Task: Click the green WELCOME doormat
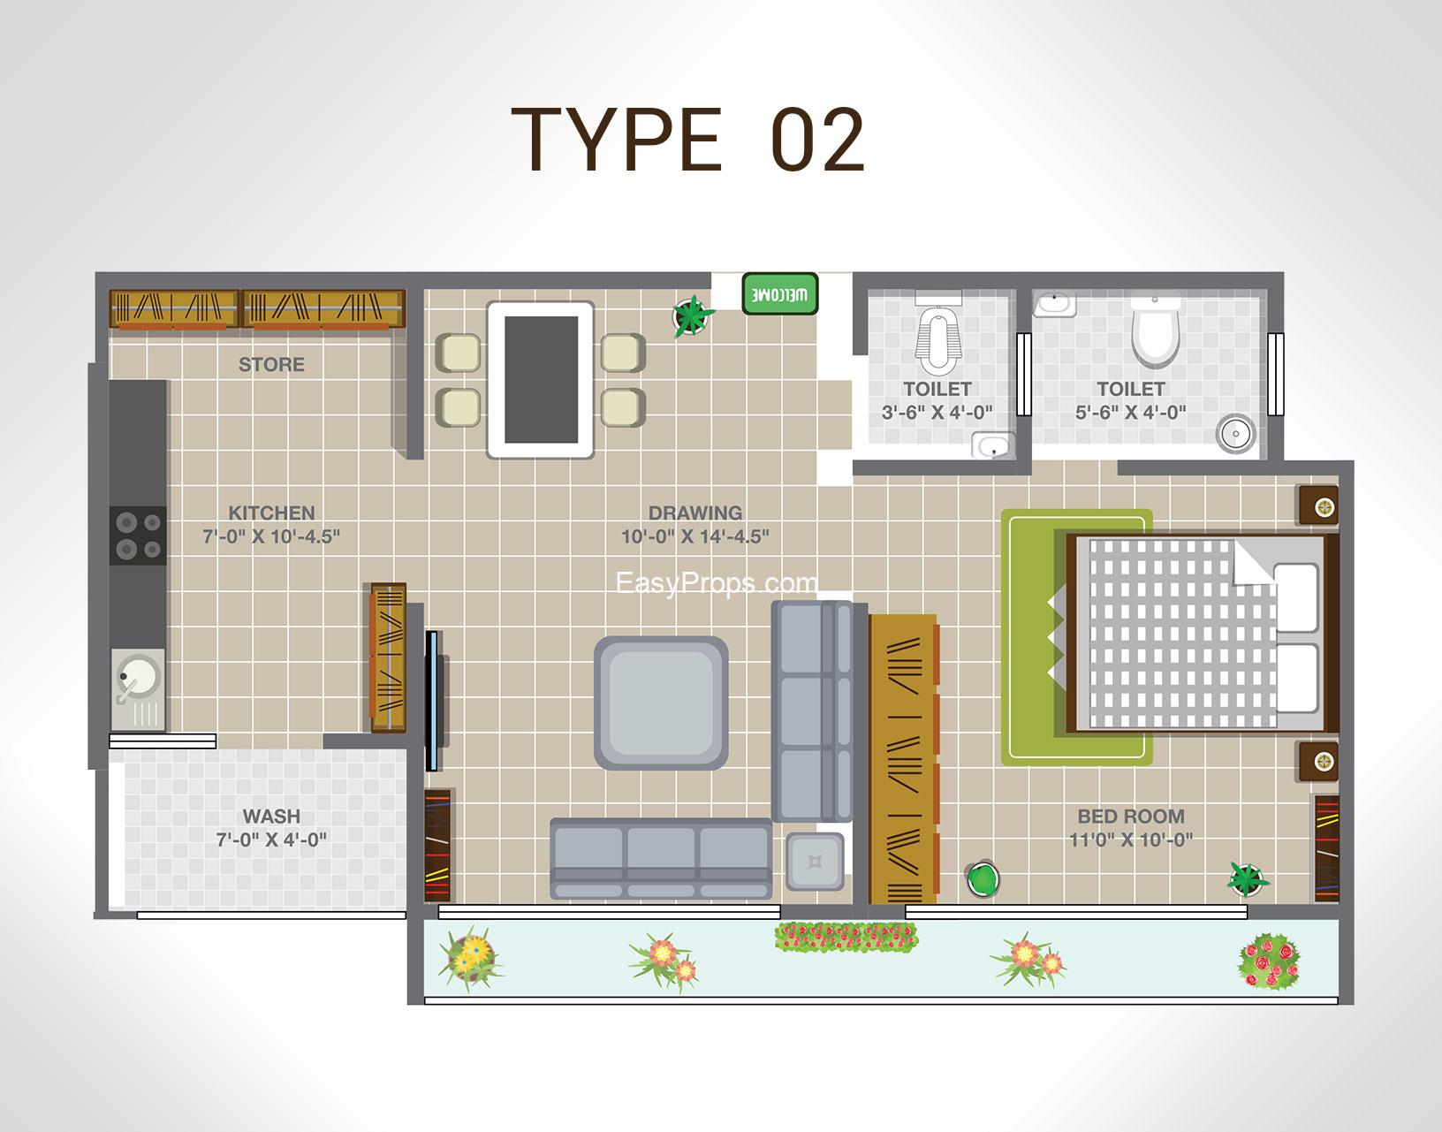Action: (x=779, y=293)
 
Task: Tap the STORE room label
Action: (x=271, y=364)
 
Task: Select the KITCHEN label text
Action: (x=271, y=513)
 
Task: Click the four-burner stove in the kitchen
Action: (x=138, y=536)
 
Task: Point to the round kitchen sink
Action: (x=138, y=675)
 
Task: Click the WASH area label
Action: (x=271, y=816)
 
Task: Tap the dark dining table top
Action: (x=541, y=380)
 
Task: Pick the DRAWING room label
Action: (x=694, y=513)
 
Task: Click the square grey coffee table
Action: (x=661, y=703)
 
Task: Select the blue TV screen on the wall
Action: (x=431, y=701)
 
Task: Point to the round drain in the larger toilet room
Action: (x=1235, y=434)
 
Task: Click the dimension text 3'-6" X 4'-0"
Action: (x=937, y=412)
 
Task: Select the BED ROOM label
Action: (x=1131, y=816)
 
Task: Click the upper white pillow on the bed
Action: (x=1295, y=597)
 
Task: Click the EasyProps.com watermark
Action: (x=717, y=583)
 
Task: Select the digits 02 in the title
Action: (x=819, y=141)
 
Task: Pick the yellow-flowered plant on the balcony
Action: (x=470, y=957)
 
